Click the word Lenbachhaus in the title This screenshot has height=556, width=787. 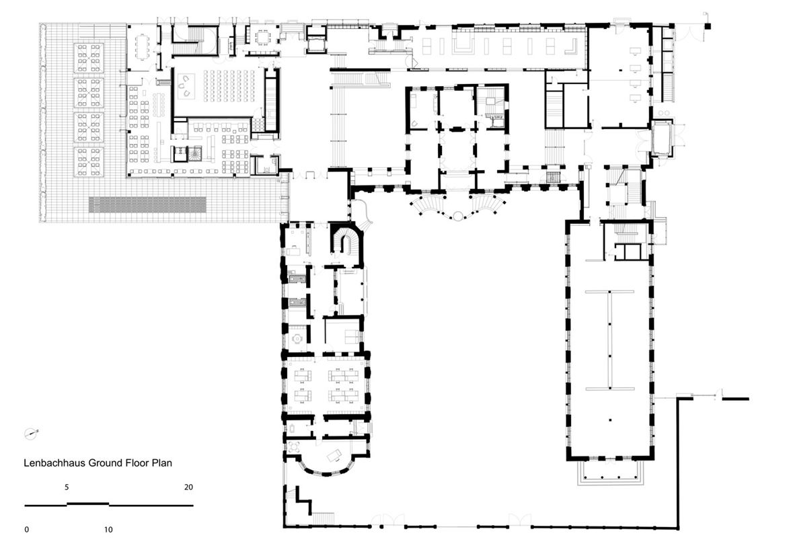coord(54,463)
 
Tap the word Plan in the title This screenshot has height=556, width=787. coord(161,463)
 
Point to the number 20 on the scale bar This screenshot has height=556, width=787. coord(188,487)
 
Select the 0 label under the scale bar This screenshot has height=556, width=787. coord(27,529)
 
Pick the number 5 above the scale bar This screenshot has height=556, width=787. coord(66,487)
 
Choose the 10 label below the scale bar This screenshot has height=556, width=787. coord(108,529)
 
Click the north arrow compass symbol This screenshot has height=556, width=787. coord(31,434)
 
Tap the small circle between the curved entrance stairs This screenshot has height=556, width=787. coord(457,216)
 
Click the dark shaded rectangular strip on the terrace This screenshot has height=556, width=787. coord(147,204)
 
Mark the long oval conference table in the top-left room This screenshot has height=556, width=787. coord(143,46)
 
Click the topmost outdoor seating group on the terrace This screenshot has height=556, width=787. coord(89,58)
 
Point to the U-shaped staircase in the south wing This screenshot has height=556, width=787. coord(345,241)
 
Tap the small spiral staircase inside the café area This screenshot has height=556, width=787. coord(194,153)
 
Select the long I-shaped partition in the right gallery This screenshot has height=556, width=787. coord(609,340)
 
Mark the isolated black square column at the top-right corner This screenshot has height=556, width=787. coord(708,26)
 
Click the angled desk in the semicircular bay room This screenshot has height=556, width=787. coord(335,456)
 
